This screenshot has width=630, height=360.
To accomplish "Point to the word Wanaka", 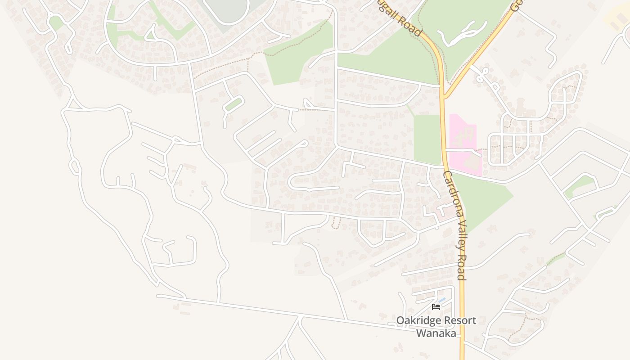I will [x=436, y=333].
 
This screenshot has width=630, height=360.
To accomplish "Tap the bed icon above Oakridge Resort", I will [x=436, y=307].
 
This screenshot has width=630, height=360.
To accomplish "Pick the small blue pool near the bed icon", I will [x=442, y=300].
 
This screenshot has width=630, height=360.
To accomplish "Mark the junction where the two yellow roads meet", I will [x=444, y=95].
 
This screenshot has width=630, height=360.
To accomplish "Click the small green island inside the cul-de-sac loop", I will [x=234, y=104].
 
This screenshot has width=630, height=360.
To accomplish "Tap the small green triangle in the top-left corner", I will [x=56, y=22].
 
